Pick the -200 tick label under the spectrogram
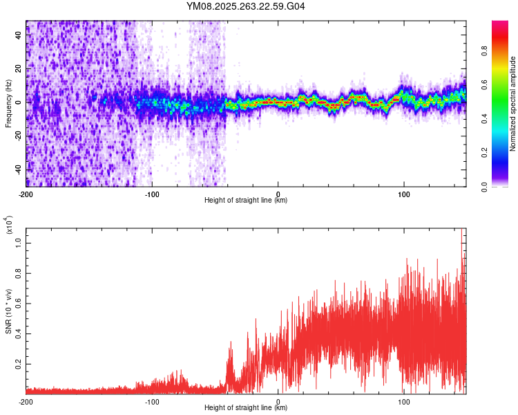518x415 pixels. [x=26, y=193]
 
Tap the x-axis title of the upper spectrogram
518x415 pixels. [x=246, y=201]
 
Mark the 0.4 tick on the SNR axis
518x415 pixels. [x=18, y=333]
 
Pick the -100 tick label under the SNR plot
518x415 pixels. [x=152, y=400]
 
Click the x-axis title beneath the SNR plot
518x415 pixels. [x=246, y=408]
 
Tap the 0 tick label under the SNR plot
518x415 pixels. [x=278, y=400]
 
